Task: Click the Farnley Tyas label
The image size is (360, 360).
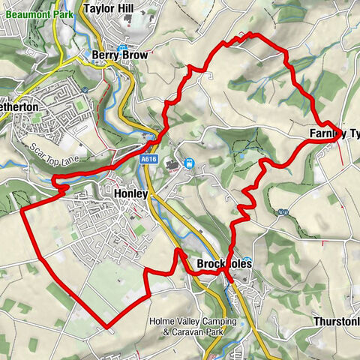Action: (x=334, y=134)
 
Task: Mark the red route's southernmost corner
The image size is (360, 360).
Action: (x=107, y=327)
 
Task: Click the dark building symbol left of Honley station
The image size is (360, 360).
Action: (x=175, y=164)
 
